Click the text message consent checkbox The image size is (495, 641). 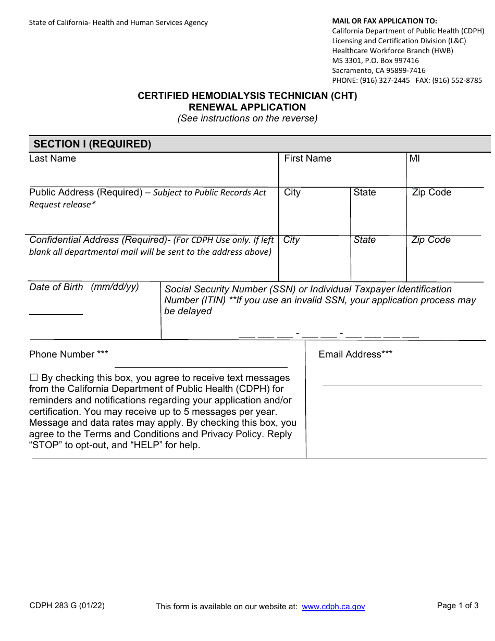point(34,378)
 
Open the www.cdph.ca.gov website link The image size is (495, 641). point(333,607)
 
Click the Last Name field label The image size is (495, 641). point(53,158)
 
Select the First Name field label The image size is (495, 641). point(307,158)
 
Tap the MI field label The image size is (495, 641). point(414,158)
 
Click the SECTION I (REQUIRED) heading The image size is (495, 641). point(92,144)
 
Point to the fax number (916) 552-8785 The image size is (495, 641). point(459,80)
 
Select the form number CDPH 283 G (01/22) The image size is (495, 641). point(67,606)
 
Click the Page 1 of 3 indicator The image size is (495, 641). point(457,606)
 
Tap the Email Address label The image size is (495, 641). point(355,354)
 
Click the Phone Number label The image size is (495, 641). point(68,354)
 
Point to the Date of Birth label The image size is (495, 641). point(56,287)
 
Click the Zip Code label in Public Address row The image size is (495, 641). point(431,192)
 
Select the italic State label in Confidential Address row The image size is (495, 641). point(364,240)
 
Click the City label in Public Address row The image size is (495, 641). point(292,192)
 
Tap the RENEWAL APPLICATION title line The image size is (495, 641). point(247,107)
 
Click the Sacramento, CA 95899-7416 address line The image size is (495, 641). point(379,70)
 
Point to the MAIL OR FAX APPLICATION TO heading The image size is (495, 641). point(385,21)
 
